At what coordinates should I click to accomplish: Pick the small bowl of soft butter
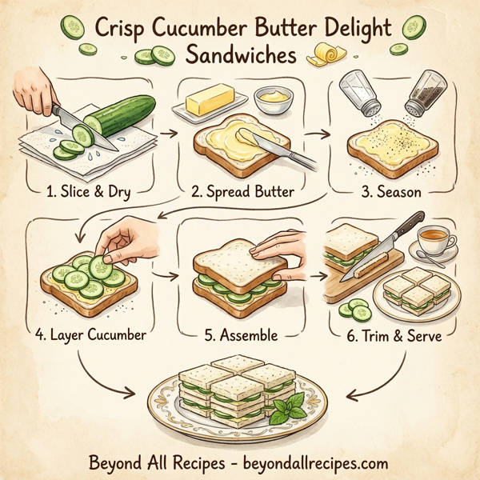coord(273,101)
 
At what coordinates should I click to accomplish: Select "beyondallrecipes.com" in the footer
coord(314,462)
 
